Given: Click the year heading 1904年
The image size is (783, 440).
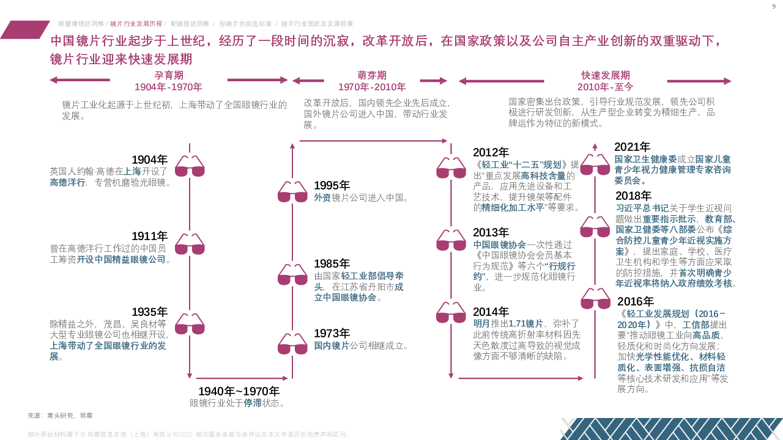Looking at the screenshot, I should click(149, 159).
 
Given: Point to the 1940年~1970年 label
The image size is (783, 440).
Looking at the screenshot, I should click(239, 391).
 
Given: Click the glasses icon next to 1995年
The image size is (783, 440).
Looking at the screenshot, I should click(292, 193).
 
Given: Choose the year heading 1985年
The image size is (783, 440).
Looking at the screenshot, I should click(332, 264).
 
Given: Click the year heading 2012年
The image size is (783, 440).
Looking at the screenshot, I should click(491, 153).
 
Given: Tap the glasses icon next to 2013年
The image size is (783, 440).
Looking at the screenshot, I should click(451, 241).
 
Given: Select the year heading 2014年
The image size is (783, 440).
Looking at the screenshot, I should click(491, 312).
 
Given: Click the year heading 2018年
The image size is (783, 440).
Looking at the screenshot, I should click(633, 196).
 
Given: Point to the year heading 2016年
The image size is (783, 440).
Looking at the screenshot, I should click(635, 301).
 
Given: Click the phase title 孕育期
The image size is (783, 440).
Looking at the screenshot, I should click(169, 75).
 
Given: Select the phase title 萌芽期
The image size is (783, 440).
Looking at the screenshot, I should click(372, 75).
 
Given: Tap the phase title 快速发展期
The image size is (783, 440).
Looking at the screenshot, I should click(606, 75).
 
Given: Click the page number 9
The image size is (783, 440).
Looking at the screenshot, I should click(774, 6).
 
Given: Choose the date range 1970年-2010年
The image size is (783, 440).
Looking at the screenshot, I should click(372, 87).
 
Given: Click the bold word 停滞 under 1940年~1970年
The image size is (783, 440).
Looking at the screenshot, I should click(253, 403).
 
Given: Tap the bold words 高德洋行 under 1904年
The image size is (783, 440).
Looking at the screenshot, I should click(67, 182).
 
